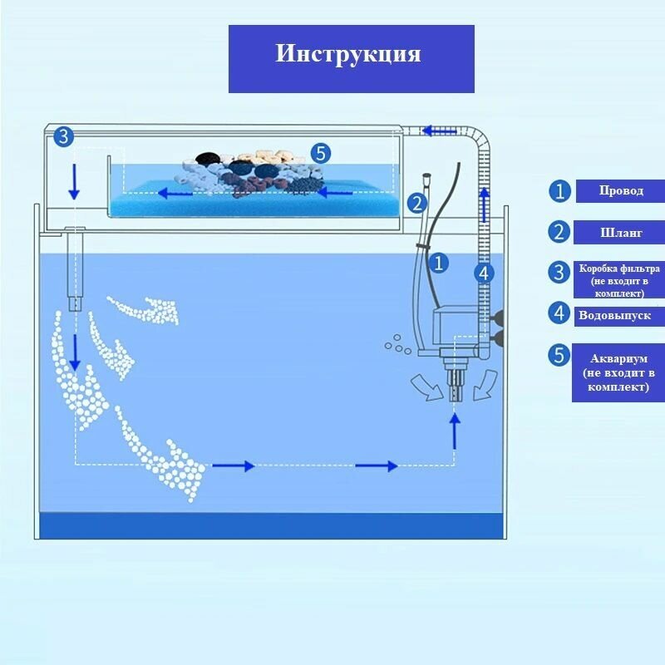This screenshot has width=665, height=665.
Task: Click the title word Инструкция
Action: [x=348, y=54]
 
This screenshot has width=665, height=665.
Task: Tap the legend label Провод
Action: [x=621, y=191]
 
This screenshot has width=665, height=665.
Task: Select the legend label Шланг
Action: [x=621, y=233]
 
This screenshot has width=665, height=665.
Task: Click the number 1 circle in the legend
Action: [x=559, y=191]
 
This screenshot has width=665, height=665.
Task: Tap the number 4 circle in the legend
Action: [x=559, y=314]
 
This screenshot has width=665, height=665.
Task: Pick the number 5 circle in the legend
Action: [x=559, y=356]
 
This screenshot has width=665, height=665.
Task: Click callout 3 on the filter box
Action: [x=64, y=137]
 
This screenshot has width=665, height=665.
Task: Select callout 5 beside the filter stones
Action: [x=322, y=153]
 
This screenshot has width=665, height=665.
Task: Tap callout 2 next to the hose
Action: [x=416, y=203]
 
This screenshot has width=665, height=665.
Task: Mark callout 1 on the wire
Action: [x=438, y=264]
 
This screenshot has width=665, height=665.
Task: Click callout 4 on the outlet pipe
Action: [x=485, y=272]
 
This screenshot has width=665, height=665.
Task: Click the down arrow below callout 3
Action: [x=74, y=181]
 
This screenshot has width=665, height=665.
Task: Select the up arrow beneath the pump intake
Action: [x=454, y=430]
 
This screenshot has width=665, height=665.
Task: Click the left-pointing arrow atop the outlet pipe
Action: [x=439, y=131]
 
